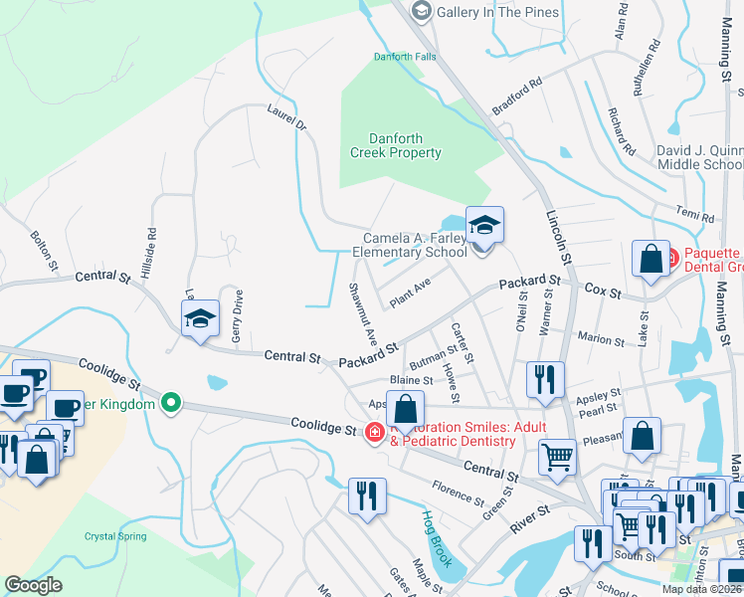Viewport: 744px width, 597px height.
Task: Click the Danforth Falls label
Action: [404, 57]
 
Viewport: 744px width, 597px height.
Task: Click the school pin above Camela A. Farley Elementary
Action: [484, 227]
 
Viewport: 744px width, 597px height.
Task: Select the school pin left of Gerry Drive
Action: [199, 320]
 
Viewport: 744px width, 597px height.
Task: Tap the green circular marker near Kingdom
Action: [171, 403]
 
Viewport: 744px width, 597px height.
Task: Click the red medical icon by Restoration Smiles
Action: [374, 432]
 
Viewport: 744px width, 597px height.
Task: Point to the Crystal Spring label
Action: [114, 536]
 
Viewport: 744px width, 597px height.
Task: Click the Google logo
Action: [33, 585]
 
